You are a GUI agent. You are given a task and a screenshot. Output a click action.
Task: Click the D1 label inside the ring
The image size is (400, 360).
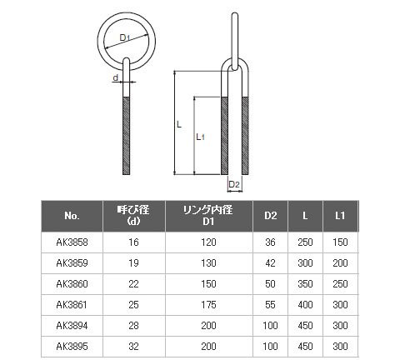coord(125,37)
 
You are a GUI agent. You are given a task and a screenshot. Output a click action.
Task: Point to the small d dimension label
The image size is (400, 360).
coord(115,77)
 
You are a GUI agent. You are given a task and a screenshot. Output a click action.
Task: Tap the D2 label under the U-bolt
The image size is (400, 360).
coord(234,184)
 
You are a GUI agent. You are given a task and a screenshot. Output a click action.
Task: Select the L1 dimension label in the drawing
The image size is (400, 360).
coord(200,137)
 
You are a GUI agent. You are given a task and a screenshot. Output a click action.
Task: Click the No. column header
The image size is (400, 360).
coord(72,216)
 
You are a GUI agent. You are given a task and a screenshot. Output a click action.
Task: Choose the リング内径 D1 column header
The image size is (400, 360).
coord(208,216)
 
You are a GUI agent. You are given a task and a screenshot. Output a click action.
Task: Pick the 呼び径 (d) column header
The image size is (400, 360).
coord(133,216)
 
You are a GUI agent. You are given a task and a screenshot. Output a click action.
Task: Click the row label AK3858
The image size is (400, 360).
coord(72,242)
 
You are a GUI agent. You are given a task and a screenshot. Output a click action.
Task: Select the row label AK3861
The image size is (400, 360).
coord(72,305)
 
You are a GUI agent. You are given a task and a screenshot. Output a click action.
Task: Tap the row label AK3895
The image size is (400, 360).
coord(72,347)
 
